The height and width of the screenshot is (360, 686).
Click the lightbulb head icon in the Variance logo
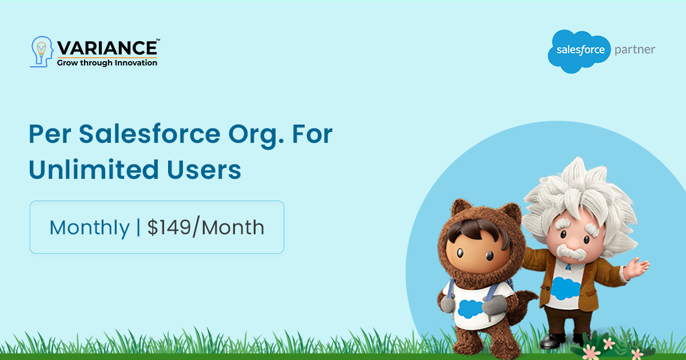pyautogui.click(x=42, y=52)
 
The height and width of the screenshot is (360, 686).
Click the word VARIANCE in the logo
pyautogui.click(x=107, y=48)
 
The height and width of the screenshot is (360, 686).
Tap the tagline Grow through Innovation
pyautogui.click(x=107, y=63)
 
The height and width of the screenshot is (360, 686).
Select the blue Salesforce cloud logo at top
pyautogui.click(x=580, y=51)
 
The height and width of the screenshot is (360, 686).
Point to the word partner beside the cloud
pyautogui.click(x=635, y=50)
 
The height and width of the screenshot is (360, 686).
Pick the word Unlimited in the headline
pyautogui.click(x=94, y=169)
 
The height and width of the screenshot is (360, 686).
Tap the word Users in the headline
pyautogui.click(x=204, y=170)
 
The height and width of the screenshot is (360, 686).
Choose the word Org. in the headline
pyautogui.click(x=256, y=136)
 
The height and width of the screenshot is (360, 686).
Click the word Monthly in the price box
pyautogui.click(x=89, y=228)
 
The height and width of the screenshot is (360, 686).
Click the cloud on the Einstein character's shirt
pyautogui.click(x=565, y=288)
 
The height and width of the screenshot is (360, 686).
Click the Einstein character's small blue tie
pyautogui.click(x=568, y=267)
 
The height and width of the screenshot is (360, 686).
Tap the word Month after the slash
pyautogui.click(x=233, y=227)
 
